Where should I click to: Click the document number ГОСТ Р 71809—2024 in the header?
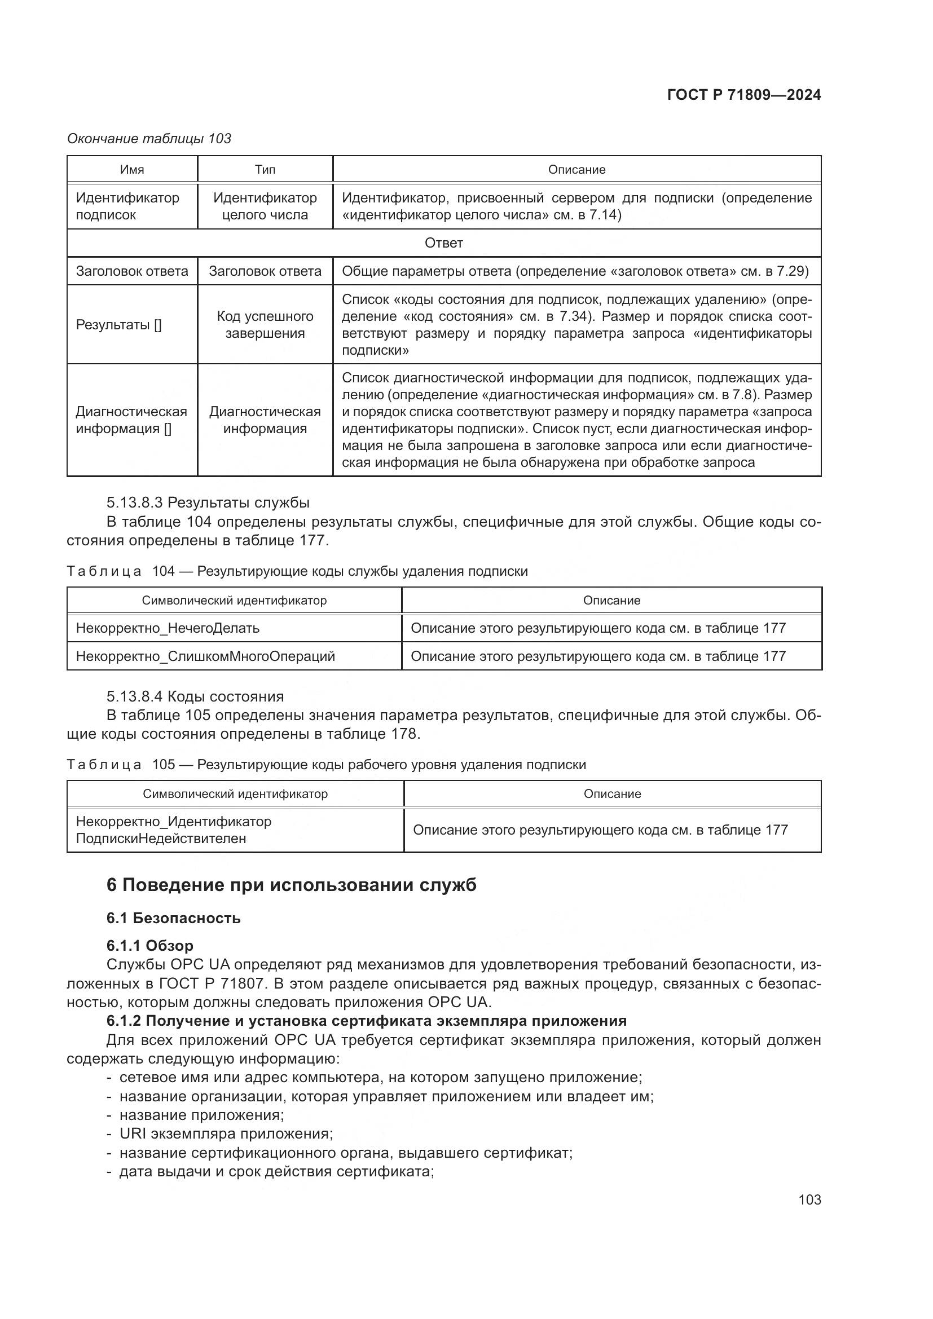[x=743, y=95]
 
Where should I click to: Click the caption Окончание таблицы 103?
[x=149, y=139]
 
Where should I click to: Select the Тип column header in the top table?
[x=265, y=170]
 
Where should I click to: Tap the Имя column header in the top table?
[x=132, y=170]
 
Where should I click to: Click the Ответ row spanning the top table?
[x=443, y=243]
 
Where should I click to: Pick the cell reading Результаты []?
[x=119, y=325]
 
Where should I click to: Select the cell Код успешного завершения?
[x=265, y=325]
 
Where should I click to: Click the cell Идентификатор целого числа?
[x=265, y=206]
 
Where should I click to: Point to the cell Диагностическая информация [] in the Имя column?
[x=131, y=420]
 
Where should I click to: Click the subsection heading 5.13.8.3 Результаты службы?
[x=208, y=502]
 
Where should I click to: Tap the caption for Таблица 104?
[x=297, y=571]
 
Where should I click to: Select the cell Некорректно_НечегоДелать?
[x=168, y=628]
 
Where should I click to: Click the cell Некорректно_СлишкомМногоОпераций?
[x=205, y=656]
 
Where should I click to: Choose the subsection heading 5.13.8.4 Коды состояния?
[x=195, y=696]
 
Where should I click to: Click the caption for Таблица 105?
[x=326, y=765]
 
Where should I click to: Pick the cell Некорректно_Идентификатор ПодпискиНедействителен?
[x=174, y=830]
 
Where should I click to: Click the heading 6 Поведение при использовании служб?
[x=291, y=885]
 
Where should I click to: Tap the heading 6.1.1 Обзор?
[x=150, y=946]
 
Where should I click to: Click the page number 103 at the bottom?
[x=809, y=1199]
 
